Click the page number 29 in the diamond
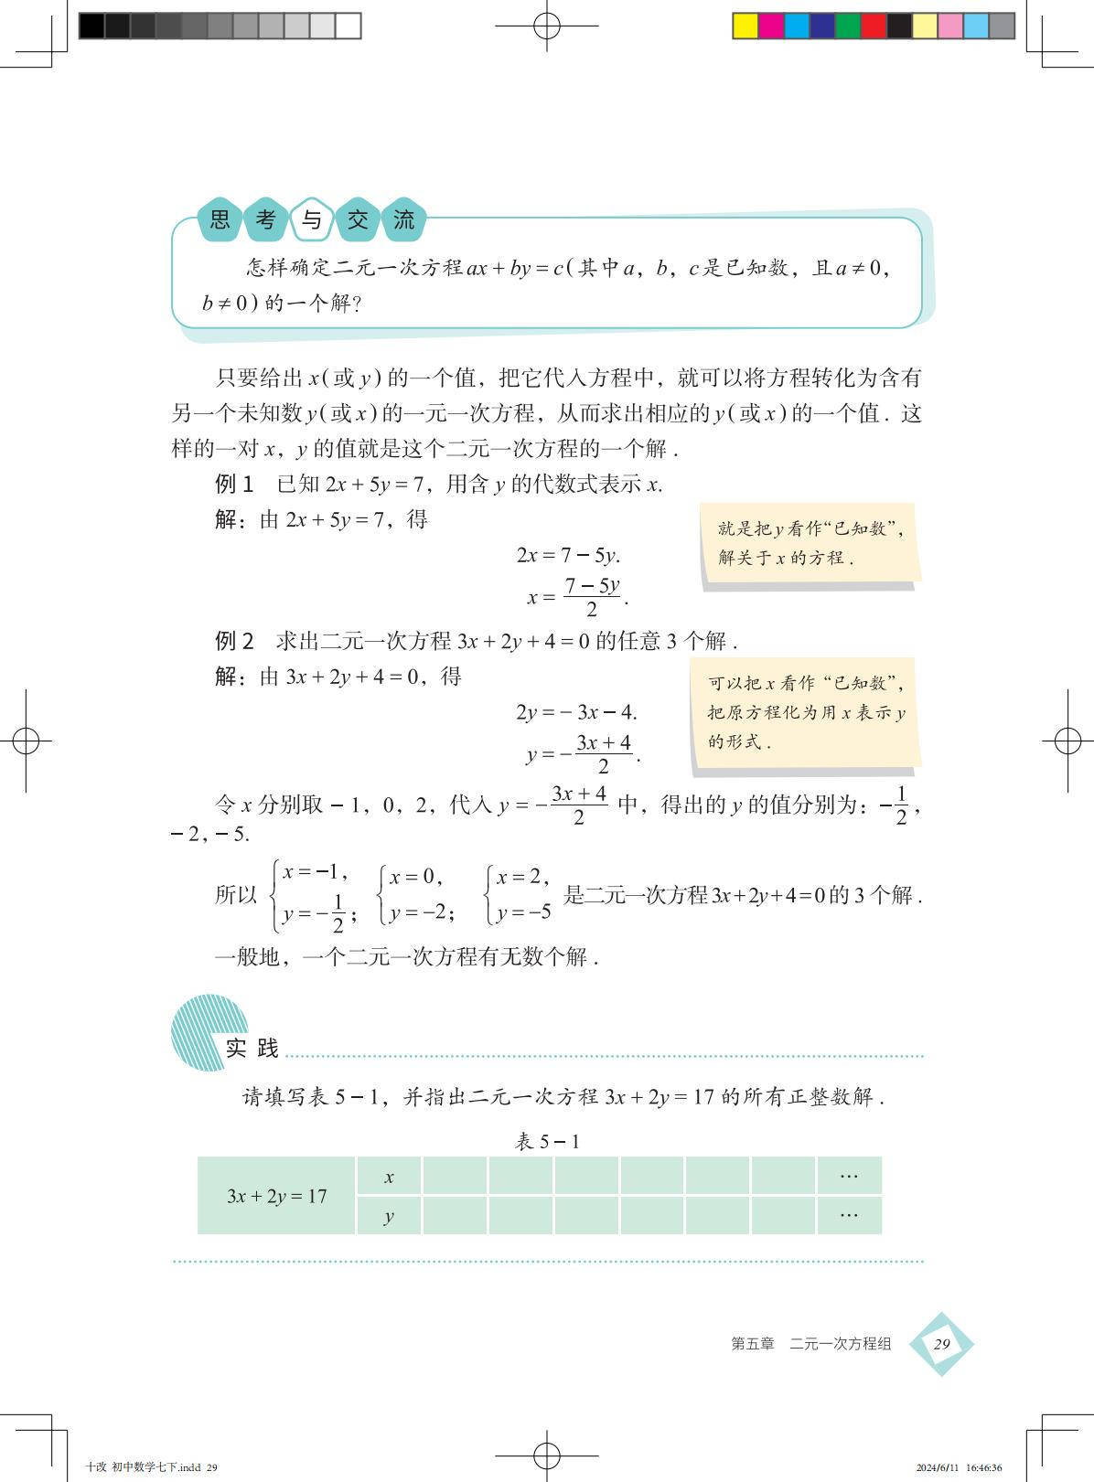(941, 1344)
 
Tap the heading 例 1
(233, 485)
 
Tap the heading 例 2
(233, 641)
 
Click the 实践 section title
(252, 1048)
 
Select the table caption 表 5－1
(547, 1141)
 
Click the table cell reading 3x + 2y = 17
(276, 1196)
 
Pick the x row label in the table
(389, 1177)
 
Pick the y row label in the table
(389, 1216)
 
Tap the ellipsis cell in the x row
(849, 1176)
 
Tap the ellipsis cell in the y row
(849, 1215)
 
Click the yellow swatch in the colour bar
(745, 26)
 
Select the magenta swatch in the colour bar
(771, 26)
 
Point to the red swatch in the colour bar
(874, 26)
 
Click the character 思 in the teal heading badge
(220, 219)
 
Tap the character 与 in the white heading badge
(312, 219)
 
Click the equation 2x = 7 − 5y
(568, 555)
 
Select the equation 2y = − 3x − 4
(576, 712)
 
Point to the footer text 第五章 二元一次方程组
(810, 1344)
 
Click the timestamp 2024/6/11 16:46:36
(958, 1466)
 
